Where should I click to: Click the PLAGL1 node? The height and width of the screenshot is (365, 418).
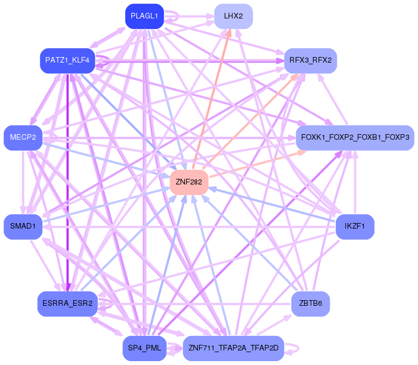coord(144,16)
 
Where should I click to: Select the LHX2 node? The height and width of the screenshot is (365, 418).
coord(233,16)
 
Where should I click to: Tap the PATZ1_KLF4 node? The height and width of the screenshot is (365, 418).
coord(67,60)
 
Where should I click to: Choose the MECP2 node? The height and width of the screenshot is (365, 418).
coord(23,138)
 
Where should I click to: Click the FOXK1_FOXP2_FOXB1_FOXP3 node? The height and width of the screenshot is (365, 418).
coord(355,138)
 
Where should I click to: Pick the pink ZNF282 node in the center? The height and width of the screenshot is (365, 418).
coord(189,182)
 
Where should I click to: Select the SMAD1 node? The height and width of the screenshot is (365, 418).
coord(23,226)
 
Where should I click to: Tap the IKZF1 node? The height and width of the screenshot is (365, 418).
coord(355,226)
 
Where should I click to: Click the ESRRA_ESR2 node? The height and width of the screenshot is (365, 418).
coord(67,304)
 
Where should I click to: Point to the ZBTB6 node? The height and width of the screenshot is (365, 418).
coord(310,304)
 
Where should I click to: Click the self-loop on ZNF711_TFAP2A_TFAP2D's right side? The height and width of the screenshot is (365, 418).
coord(297,348)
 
